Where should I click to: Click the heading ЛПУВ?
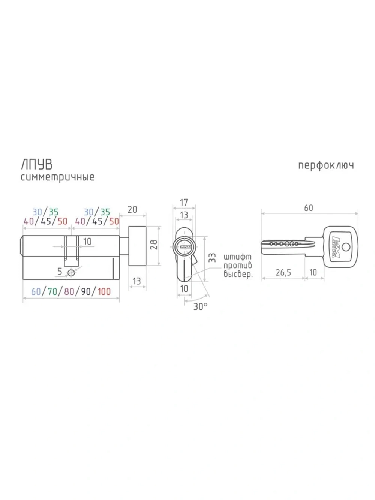click(x=37, y=164)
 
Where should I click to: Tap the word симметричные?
click(x=58, y=177)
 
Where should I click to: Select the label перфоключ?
click(x=326, y=165)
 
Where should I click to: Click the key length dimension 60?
click(x=309, y=208)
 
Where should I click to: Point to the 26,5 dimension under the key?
click(x=283, y=272)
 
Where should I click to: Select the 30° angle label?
click(x=200, y=306)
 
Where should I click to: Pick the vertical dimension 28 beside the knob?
click(x=154, y=245)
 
